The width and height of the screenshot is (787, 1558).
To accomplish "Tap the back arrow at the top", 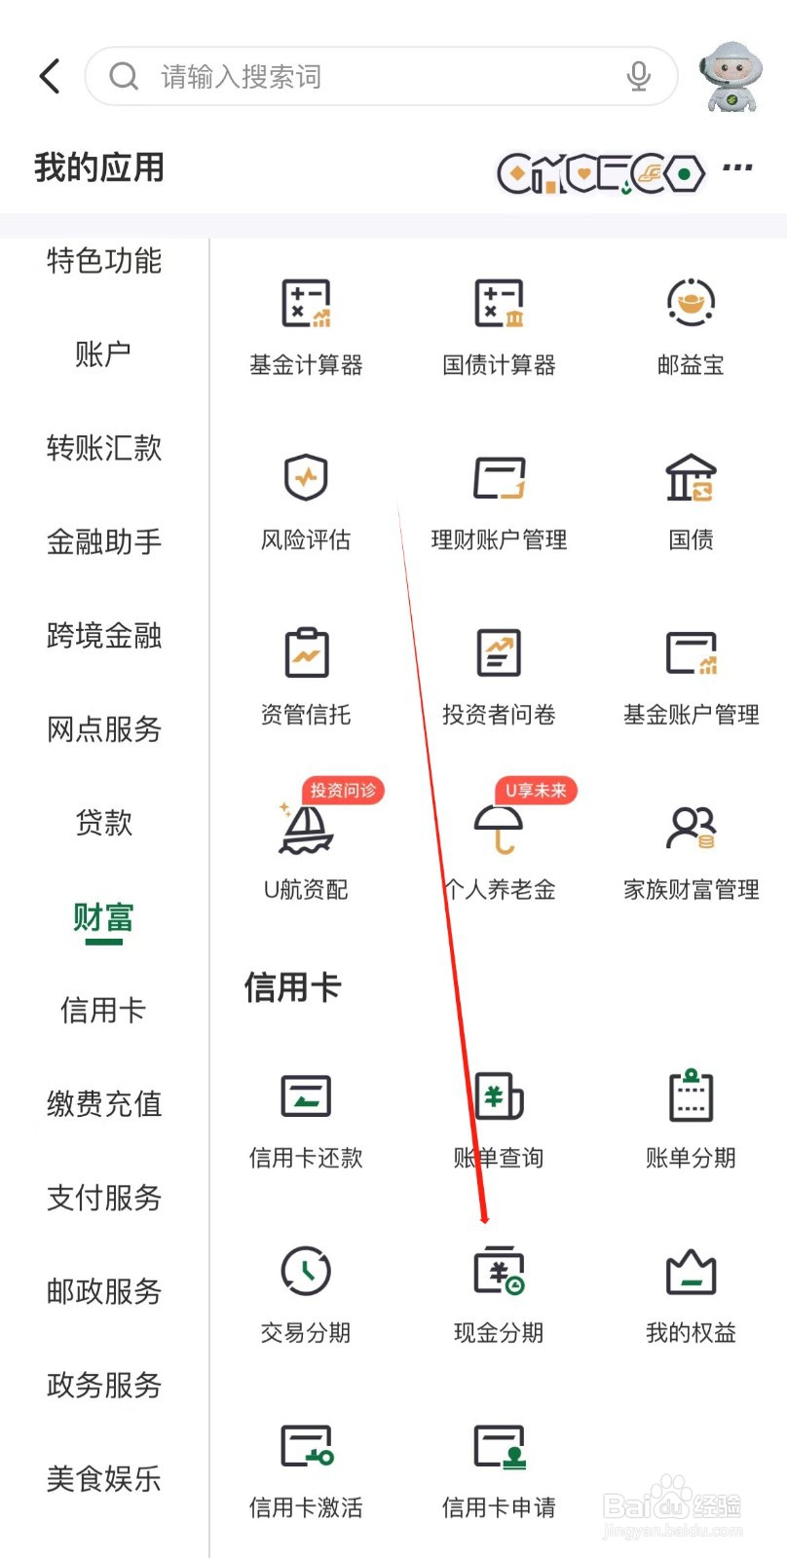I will [x=50, y=76].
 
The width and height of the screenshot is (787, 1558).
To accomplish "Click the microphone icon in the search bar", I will [x=638, y=76].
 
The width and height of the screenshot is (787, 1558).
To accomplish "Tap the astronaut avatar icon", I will [x=731, y=77].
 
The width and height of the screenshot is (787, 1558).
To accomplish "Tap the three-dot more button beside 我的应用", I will [x=737, y=167].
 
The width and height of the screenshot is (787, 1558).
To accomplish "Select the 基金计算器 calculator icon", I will [x=306, y=303].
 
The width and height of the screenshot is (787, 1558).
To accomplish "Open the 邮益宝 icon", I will [x=691, y=303].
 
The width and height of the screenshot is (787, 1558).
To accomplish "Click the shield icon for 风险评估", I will [x=306, y=478].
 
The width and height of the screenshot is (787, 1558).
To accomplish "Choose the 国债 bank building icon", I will [x=691, y=478].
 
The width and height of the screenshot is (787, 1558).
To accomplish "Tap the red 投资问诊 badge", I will [x=343, y=790].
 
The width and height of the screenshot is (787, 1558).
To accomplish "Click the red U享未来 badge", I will [x=536, y=790].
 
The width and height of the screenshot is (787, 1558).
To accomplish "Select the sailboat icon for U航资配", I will [x=305, y=829].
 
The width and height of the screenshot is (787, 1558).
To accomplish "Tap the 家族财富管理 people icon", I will [x=691, y=829].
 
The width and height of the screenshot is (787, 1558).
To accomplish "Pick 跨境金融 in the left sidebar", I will [x=104, y=636].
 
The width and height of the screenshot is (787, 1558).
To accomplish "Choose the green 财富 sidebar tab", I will [x=103, y=918].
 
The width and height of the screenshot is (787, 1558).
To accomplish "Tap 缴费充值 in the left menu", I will [x=104, y=1104].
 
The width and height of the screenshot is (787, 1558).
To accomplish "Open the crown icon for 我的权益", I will [x=691, y=1272].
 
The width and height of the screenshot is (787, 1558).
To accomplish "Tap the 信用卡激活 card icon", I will [x=306, y=1447].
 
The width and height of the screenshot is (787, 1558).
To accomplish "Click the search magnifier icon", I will [x=124, y=76].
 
